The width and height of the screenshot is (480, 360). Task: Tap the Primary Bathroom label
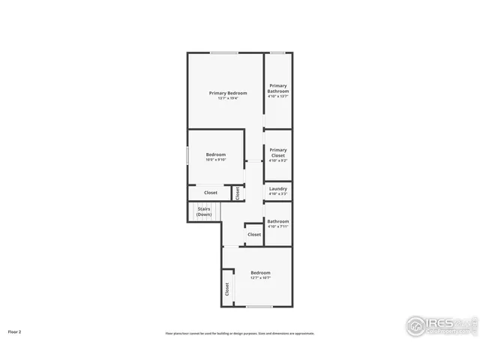(x=278, y=88)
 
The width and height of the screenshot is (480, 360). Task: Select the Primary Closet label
(x=278, y=152)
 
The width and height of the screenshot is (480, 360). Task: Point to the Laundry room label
(x=278, y=188)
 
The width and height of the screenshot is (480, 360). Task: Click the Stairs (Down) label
(x=204, y=211)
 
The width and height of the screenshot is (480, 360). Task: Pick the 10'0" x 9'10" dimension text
(x=216, y=160)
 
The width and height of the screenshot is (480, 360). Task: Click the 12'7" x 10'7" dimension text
(x=260, y=278)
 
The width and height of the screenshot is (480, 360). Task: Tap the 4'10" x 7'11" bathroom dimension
(x=278, y=227)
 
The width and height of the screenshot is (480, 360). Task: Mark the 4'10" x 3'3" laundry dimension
(x=278, y=194)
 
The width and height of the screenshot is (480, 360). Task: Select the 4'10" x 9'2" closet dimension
(x=278, y=160)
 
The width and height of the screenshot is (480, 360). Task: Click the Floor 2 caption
(x=15, y=331)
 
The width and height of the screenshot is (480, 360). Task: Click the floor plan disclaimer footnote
(x=240, y=334)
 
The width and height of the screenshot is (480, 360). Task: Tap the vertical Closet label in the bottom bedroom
(x=226, y=289)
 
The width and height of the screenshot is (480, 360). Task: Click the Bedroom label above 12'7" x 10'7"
(x=260, y=272)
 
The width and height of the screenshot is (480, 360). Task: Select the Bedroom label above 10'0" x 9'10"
(x=216, y=154)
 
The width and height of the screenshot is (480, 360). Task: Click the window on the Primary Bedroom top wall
(x=224, y=52)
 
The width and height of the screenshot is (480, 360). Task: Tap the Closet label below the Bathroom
(x=254, y=235)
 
